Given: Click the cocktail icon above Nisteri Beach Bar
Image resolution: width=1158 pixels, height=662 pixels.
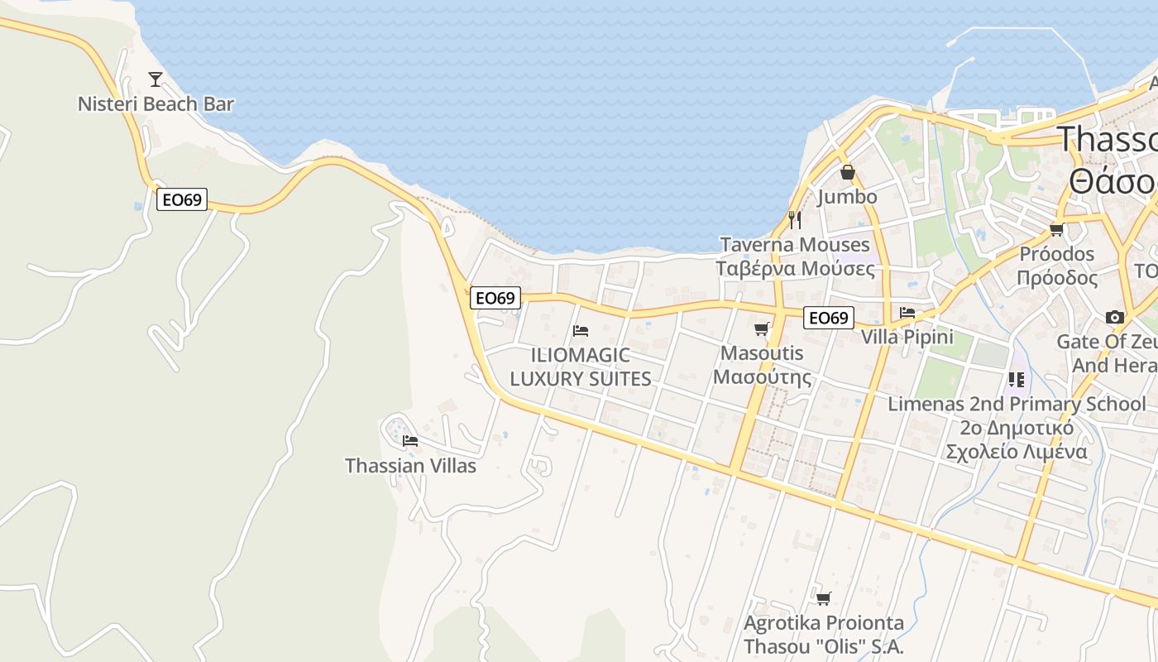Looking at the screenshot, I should [x=156, y=79].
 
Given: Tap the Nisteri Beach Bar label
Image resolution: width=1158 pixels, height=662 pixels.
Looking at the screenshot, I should [x=156, y=104].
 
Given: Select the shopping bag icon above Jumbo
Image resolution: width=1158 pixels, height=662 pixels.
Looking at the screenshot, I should [x=847, y=172].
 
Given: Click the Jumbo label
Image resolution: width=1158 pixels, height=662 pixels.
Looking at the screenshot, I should [x=847, y=197].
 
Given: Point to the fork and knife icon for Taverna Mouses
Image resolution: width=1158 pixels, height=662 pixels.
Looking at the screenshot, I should [x=795, y=219].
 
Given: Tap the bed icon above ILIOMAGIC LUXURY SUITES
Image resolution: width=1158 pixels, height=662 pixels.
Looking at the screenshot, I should [x=581, y=331].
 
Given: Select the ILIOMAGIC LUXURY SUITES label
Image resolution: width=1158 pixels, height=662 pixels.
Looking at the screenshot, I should [x=581, y=367].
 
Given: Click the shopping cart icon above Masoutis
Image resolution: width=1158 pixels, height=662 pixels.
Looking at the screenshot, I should [x=762, y=329].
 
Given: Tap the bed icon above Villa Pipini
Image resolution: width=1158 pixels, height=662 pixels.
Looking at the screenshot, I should [x=907, y=313].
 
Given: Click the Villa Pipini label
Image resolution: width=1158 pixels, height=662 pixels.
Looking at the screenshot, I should [x=907, y=338].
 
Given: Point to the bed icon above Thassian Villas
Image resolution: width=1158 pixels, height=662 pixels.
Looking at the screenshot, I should [x=410, y=440].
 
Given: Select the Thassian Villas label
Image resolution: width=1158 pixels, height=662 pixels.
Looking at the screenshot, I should [x=410, y=466].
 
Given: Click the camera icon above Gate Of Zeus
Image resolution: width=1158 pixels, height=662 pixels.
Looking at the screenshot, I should [x=1115, y=317].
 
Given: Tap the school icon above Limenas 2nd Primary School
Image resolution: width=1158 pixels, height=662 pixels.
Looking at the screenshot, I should [x=1017, y=379].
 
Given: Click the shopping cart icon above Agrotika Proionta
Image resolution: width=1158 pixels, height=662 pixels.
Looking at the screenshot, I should [x=823, y=597].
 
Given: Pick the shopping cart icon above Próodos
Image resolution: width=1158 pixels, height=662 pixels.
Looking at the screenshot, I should [x=1056, y=229].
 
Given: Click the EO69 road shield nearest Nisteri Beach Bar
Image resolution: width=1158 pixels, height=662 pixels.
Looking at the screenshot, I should [x=182, y=199].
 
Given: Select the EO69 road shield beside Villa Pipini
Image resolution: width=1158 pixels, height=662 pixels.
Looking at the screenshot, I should [x=829, y=318].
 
